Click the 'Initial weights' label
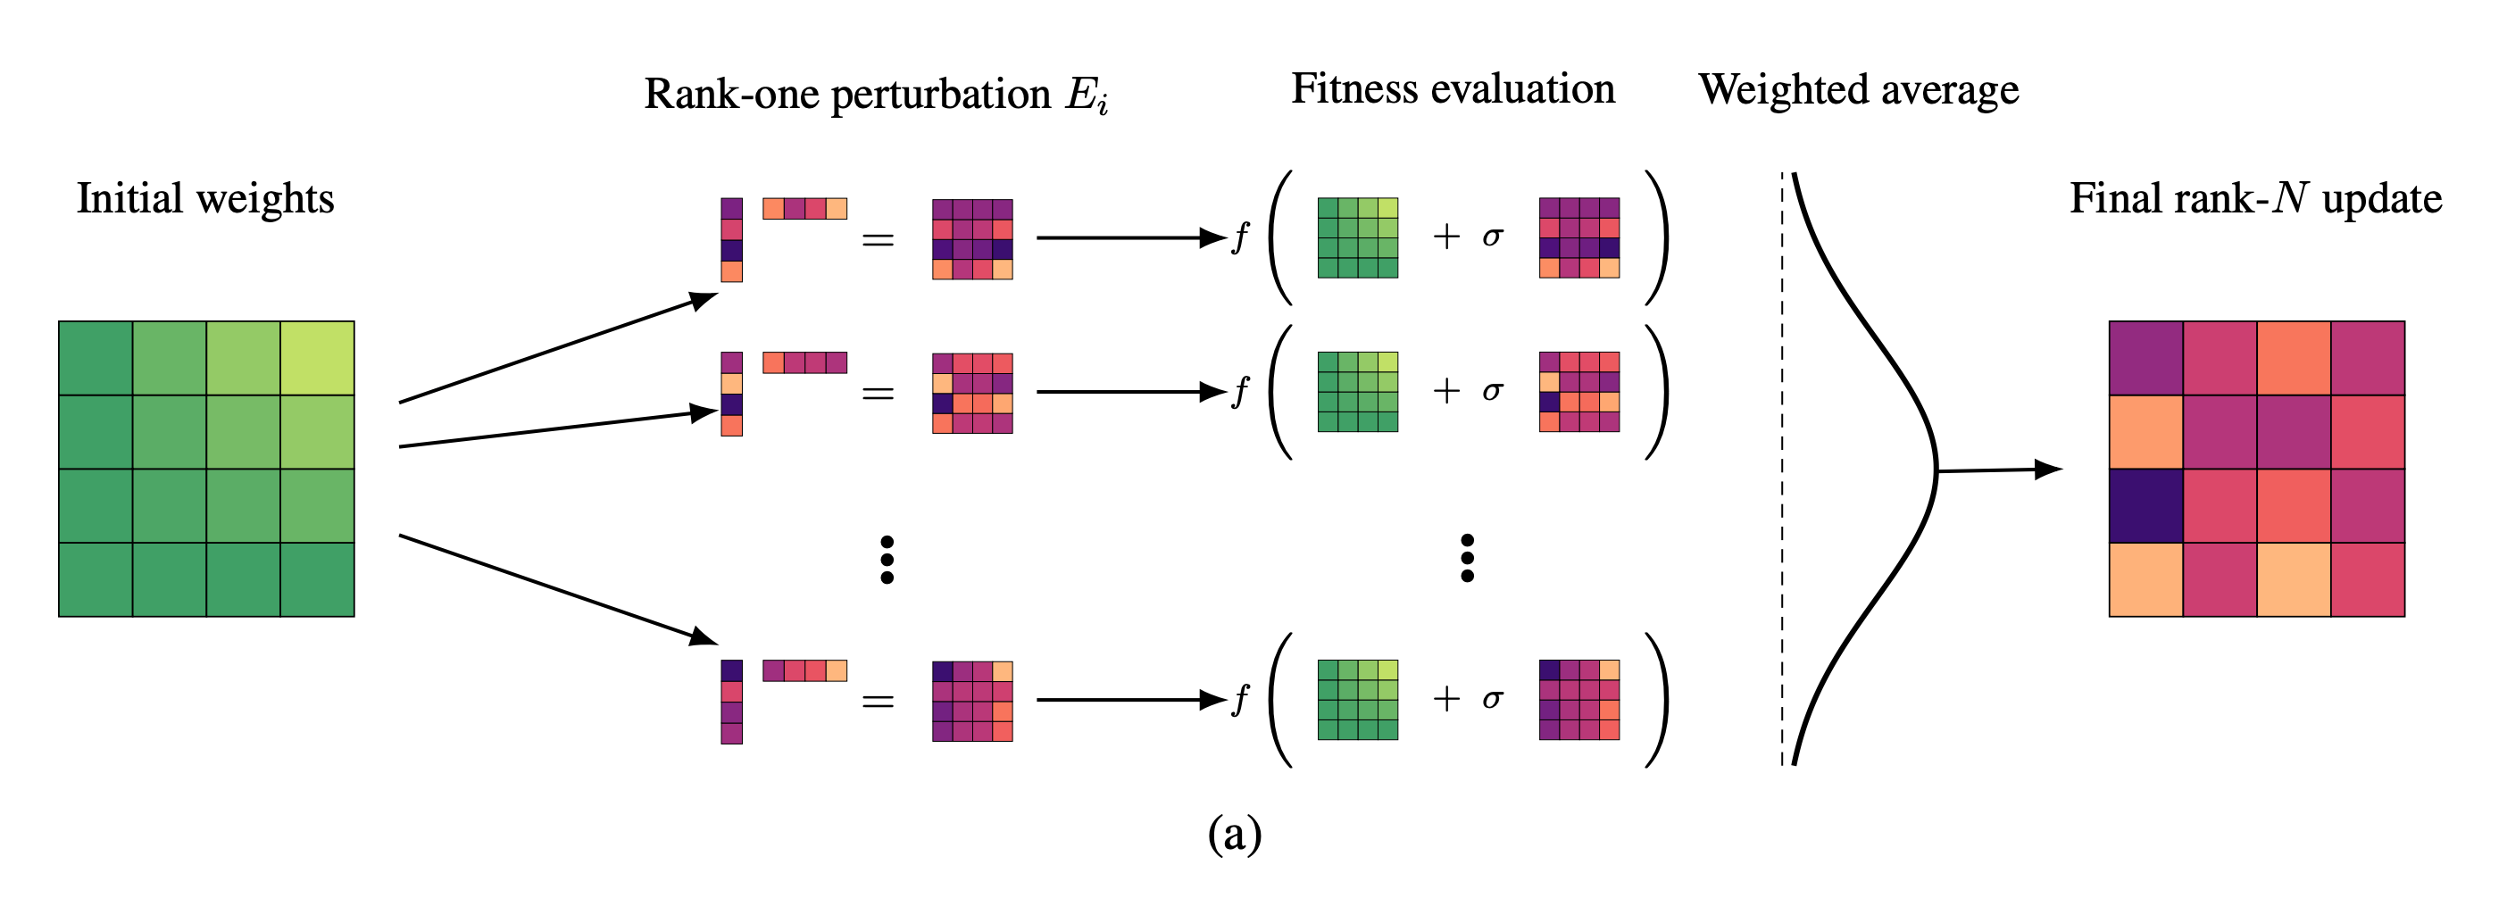205,198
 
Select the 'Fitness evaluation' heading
1452,88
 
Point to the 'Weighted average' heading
1858,89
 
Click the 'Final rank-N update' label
2255,198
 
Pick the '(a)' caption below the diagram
1234,834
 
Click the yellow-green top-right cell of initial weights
317,358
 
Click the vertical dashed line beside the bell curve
1782,467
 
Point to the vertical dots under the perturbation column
887,560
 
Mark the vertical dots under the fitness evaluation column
1468,558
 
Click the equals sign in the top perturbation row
878,239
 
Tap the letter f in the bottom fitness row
1240,700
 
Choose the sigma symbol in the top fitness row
1492,237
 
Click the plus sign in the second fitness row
1446,391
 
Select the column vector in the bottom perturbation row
732,702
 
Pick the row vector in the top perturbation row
804,208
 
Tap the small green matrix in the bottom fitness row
1358,700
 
